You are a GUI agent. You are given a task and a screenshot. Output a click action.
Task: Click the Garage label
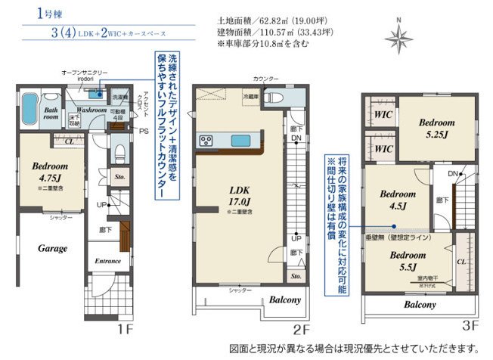point(52,248)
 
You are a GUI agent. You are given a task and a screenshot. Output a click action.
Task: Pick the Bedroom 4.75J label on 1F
point(50,171)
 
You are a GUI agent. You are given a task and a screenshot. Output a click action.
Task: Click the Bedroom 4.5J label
point(395,198)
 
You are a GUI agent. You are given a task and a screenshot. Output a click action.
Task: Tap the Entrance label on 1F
point(108,261)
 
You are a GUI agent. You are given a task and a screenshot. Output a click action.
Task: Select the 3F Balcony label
point(418,305)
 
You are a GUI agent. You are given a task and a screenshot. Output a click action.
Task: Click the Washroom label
point(91,110)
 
